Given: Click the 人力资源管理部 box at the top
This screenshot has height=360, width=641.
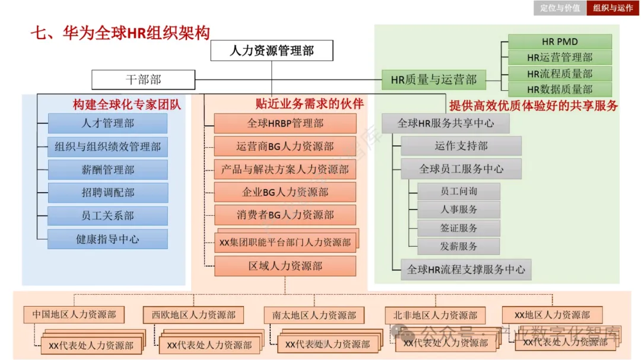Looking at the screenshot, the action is (x=271, y=50).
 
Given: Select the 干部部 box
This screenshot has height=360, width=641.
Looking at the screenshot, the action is (x=143, y=79).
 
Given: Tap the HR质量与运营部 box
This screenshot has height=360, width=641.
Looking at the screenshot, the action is (x=433, y=79).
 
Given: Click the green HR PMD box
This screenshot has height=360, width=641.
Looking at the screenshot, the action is (x=560, y=42).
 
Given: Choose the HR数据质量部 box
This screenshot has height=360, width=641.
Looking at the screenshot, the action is (x=560, y=90).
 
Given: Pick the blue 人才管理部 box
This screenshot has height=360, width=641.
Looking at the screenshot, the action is (x=107, y=123).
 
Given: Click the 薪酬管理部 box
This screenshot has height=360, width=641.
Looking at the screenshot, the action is (x=107, y=170).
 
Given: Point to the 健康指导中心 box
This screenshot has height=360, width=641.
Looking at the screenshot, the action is (x=107, y=239).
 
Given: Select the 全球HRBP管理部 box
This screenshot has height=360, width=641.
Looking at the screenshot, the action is (x=285, y=123).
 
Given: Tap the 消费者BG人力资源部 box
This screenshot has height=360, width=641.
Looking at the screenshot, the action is (x=285, y=215).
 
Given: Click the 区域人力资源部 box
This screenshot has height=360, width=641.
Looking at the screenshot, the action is (x=285, y=266).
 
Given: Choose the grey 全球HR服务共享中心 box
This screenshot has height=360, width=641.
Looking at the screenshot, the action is (x=445, y=123).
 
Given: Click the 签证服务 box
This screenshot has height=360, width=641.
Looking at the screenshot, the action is (x=458, y=228).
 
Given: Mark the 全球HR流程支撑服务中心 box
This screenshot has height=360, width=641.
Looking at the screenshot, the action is (x=466, y=269).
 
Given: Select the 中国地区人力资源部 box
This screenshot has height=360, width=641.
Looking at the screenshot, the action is (x=74, y=315).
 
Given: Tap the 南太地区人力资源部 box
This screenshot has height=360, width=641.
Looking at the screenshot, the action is (x=314, y=315).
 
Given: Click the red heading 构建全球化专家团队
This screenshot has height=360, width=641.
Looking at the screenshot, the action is (x=127, y=105).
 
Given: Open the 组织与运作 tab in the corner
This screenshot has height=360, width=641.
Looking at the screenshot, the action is (x=613, y=8).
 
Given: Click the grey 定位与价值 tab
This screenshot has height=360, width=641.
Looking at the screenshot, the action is (x=560, y=8).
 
